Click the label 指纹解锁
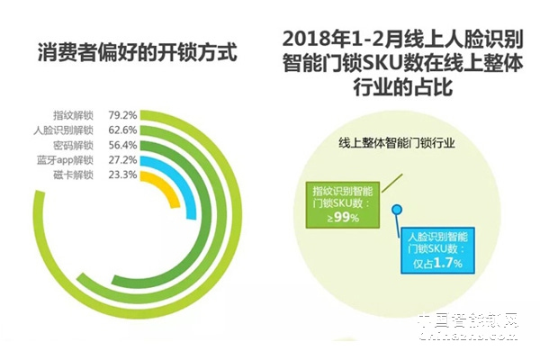click(73, 116)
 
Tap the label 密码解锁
click(73, 145)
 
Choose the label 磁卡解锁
click(73, 174)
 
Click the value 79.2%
click(122, 116)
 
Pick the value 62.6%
click(122, 130)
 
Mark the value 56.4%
click(122, 145)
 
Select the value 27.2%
click(122, 159)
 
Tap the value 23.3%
click(122, 174)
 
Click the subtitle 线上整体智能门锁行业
click(397, 143)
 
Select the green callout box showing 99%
click(346, 206)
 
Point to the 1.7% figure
click(453, 262)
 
